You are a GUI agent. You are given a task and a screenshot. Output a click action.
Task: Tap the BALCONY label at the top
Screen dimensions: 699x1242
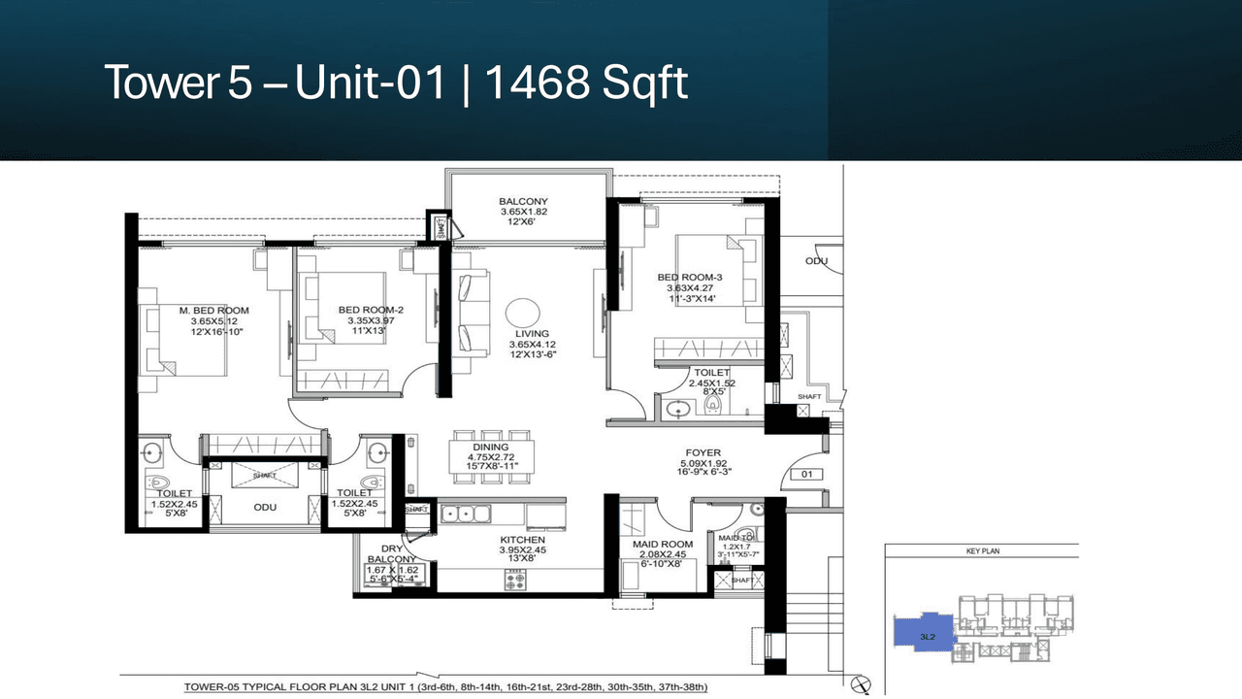pyautogui.click(x=524, y=202)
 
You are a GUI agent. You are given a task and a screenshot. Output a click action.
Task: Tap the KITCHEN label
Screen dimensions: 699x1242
pyautogui.click(x=523, y=540)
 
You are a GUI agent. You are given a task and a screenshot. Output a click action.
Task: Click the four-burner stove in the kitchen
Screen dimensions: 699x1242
pyautogui.click(x=514, y=581)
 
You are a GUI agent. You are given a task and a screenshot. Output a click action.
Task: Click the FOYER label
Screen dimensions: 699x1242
pyautogui.click(x=703, y=452)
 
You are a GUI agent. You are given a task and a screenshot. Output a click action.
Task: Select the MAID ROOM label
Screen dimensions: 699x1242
pyautogui.click(x=662, y=544)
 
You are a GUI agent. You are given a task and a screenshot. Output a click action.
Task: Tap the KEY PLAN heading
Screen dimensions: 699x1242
pyautogui.click(x=982, y=551)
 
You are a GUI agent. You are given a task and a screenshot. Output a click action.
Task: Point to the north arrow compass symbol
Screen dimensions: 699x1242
pyautogui.click(x=866, y=685)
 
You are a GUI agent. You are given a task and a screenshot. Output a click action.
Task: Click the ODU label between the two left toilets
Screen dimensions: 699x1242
pyautogui.click(x=266, y=506)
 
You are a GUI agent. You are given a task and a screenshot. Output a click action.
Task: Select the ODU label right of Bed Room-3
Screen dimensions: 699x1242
pyautogui.click(x=815, y=261)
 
